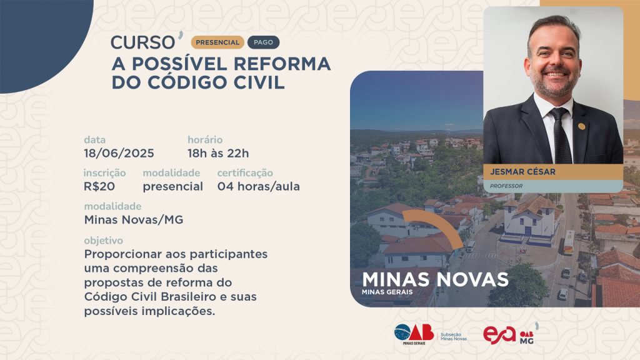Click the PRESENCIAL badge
pos(217,42)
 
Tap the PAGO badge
pos(263,42)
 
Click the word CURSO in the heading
pos(143,42)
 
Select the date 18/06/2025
pos(119,154)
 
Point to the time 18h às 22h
pos(218,154)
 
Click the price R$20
pos(99,186)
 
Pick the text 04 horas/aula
pos(258,186)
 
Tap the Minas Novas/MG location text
pos(134,220)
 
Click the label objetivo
pos(103,241)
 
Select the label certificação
pos(245,173)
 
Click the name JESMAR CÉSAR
pos(523,172)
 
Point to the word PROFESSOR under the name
pos(506,186)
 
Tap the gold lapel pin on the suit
pos(582,126)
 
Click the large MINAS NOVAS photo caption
pos(435,279)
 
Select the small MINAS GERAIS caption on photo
pos(387,292)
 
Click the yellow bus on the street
pos(569,242)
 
